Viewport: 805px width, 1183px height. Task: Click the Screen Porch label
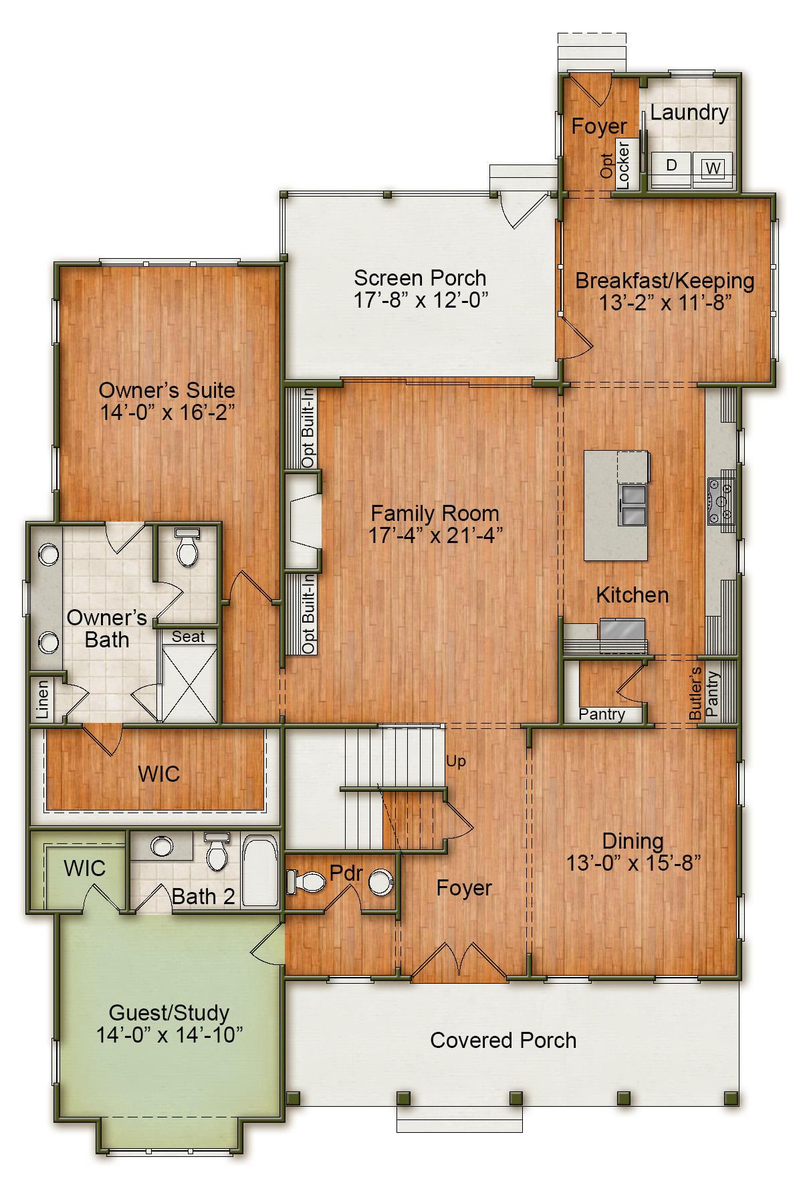click(x=420, y=278)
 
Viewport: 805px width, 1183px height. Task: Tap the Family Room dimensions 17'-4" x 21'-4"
click(x=435, y=536)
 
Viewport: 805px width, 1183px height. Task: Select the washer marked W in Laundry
click(x=713, y=167)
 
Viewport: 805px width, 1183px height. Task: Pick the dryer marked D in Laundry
click(x=671, y=165)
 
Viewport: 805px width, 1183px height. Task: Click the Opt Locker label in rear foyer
click(x=616, y=165)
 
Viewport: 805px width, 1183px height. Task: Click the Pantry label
click(x=602, y=714)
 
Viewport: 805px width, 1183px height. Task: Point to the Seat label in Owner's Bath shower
click(x=188, y=637)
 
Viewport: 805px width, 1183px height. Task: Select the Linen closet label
click(x=43, y=699)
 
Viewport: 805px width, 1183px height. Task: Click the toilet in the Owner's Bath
click(x=186, y=548)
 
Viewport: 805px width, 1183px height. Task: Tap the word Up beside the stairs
click(x=456, y=761)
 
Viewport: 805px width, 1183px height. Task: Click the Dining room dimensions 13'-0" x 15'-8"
click(x=632, y=863)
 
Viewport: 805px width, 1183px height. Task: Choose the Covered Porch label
click(x=503, y=1041)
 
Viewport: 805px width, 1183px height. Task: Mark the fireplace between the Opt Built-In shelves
click(x=304, y=522)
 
